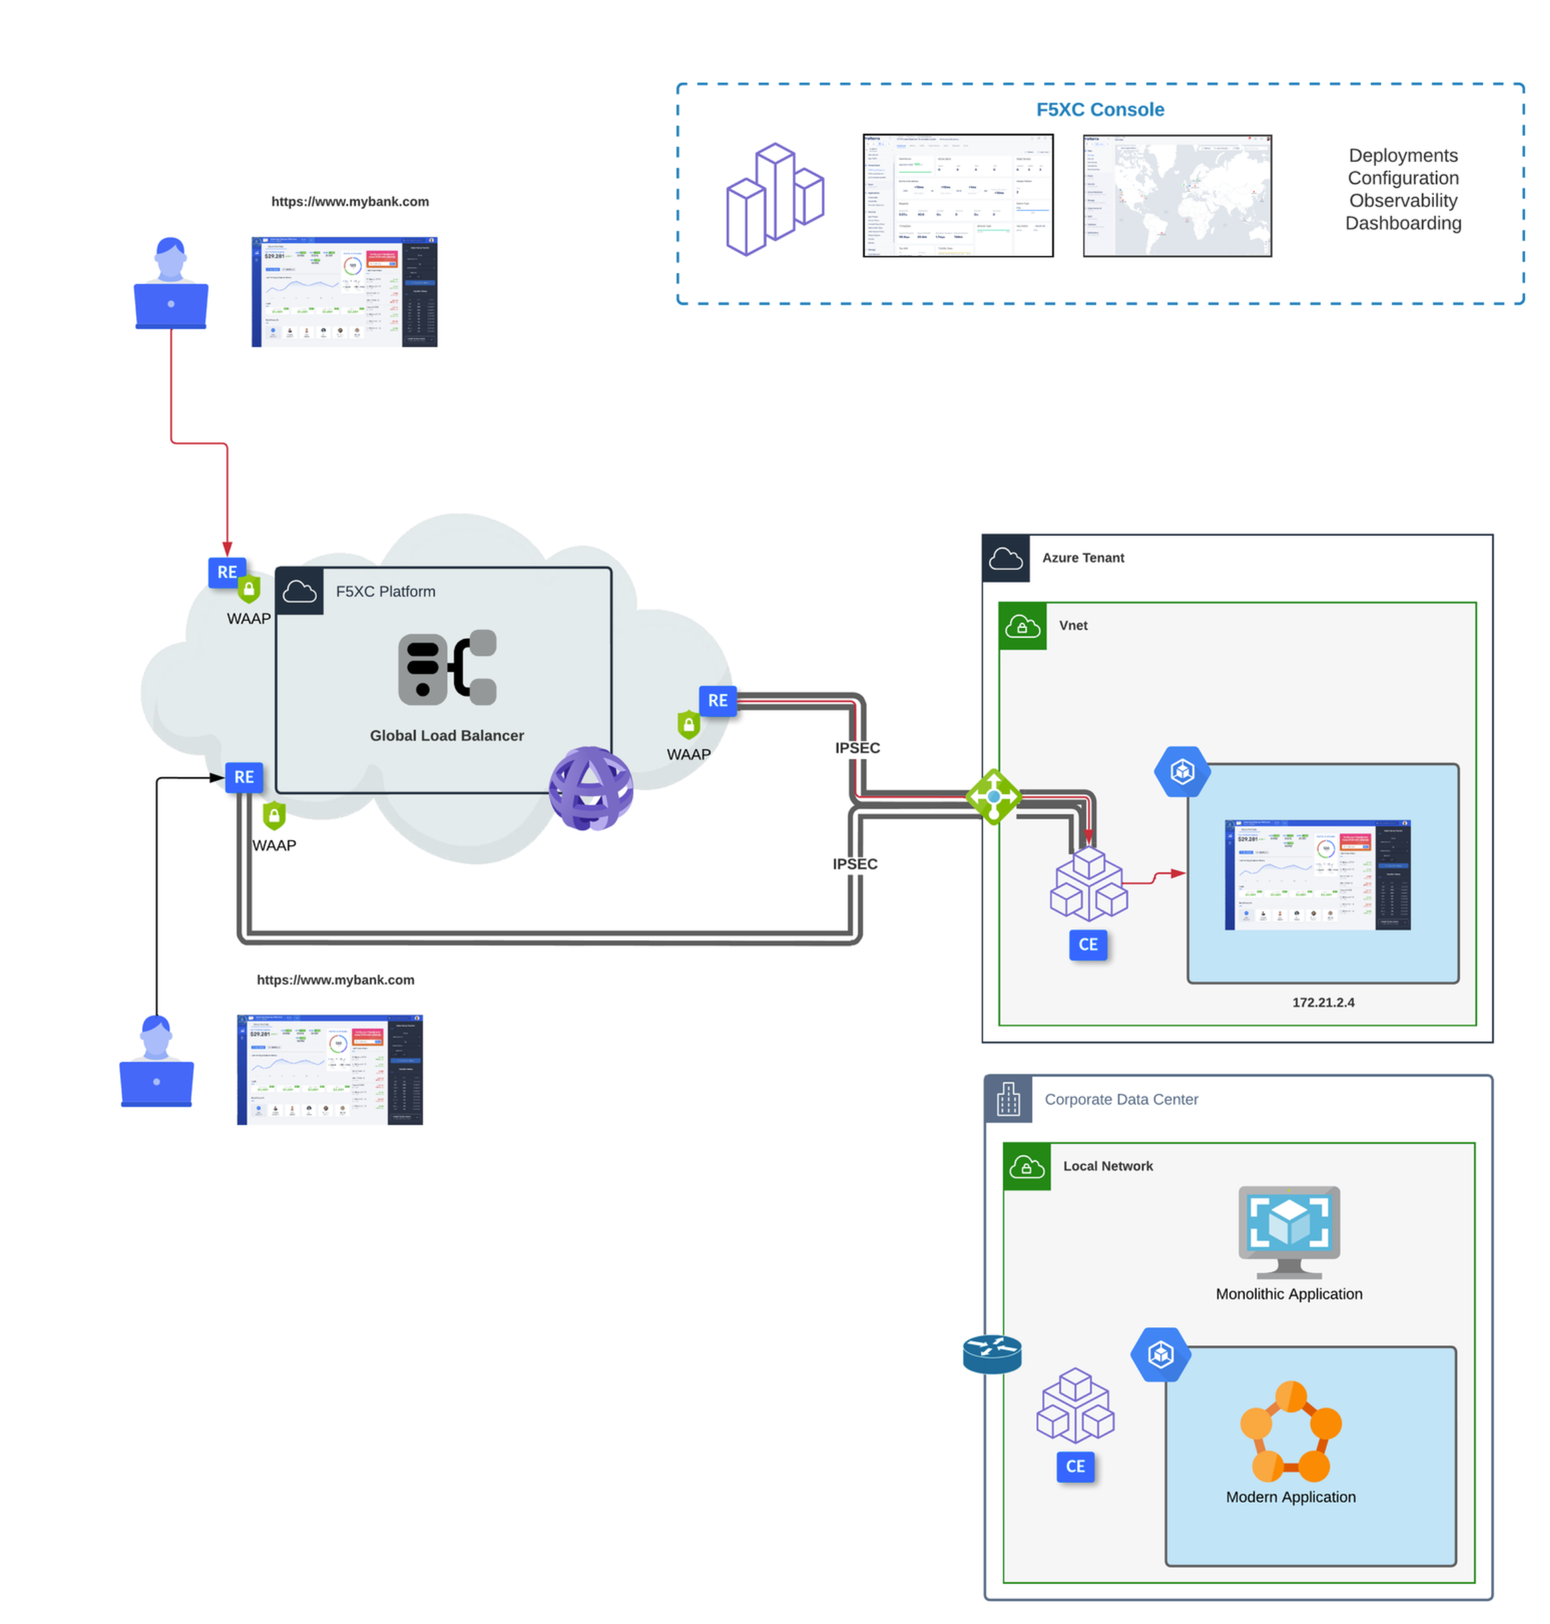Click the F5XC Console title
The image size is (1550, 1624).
click(x=1100, y=109)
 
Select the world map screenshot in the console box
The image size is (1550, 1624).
click(x=1176, y=196)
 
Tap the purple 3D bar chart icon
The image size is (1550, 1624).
click(x=774, y=199)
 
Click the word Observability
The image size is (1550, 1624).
click(x=1402, y=201)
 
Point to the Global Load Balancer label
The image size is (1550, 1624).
click(x=446, y=735)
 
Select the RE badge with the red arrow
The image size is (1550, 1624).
click(x=226, y=572)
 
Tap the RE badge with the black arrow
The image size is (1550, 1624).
click(x=244, y=777)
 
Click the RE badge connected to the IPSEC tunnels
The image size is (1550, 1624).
click(x=717, y=700)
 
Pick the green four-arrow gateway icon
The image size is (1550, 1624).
click(x=993, y=796)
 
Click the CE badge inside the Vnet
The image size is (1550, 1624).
click(x=1087, y=944)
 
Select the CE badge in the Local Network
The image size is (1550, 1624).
click(x=1075, y=1466)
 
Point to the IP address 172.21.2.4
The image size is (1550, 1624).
click(x=1323, y=1002)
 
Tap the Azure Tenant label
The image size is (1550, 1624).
click(x=1083, y=558)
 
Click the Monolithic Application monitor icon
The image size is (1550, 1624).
click(x=1288, y=1231)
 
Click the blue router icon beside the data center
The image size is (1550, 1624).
click(x=991, y=1354)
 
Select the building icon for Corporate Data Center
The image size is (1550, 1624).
click(x=1007, y=1099)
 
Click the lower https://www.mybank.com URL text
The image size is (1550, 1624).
click(x=336, y=980)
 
